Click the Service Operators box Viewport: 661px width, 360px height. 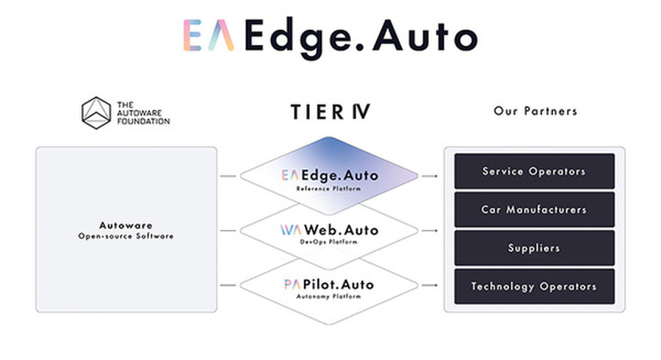tap(534, 171)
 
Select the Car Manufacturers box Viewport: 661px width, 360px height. tap(534, 209)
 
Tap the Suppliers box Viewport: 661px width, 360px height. tap(534, 248)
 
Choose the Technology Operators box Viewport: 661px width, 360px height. tap(534, 287)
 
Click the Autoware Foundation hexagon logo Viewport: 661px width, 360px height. tap(96, 112)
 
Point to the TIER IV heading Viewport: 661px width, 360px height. tap(330, 112)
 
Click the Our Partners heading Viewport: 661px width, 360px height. tap(535, 111)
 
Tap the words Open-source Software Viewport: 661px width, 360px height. tap(126, 236)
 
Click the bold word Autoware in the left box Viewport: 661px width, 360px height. tap(126, 225)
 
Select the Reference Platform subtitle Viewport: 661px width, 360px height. tap(329, 188)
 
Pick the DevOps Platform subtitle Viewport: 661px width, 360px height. tap(329, 242)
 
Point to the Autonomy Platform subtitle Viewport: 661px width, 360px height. tap(329, 296)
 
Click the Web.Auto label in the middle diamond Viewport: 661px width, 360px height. tap(341, 230)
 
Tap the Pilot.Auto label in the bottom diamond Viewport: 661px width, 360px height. tap(339, 284)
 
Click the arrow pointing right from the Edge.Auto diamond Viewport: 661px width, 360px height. tap(430, 176)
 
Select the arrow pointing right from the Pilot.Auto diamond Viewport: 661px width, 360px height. tap(430, 285)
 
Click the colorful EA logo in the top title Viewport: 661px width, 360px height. tap(209, 35)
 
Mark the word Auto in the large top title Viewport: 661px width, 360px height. tap(425, 36)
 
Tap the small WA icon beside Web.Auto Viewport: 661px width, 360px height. tap(291, 230)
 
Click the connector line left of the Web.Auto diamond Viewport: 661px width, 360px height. tap(228, 231)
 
